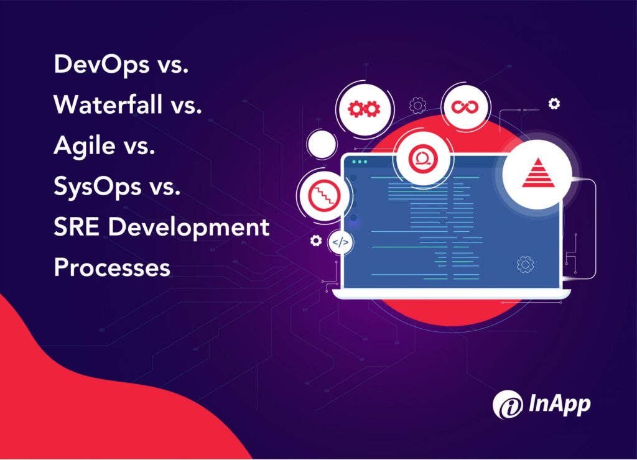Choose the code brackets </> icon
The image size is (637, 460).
click(340, 242)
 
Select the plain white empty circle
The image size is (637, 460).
click(322, 144)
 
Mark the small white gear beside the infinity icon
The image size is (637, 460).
click(554, 104)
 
